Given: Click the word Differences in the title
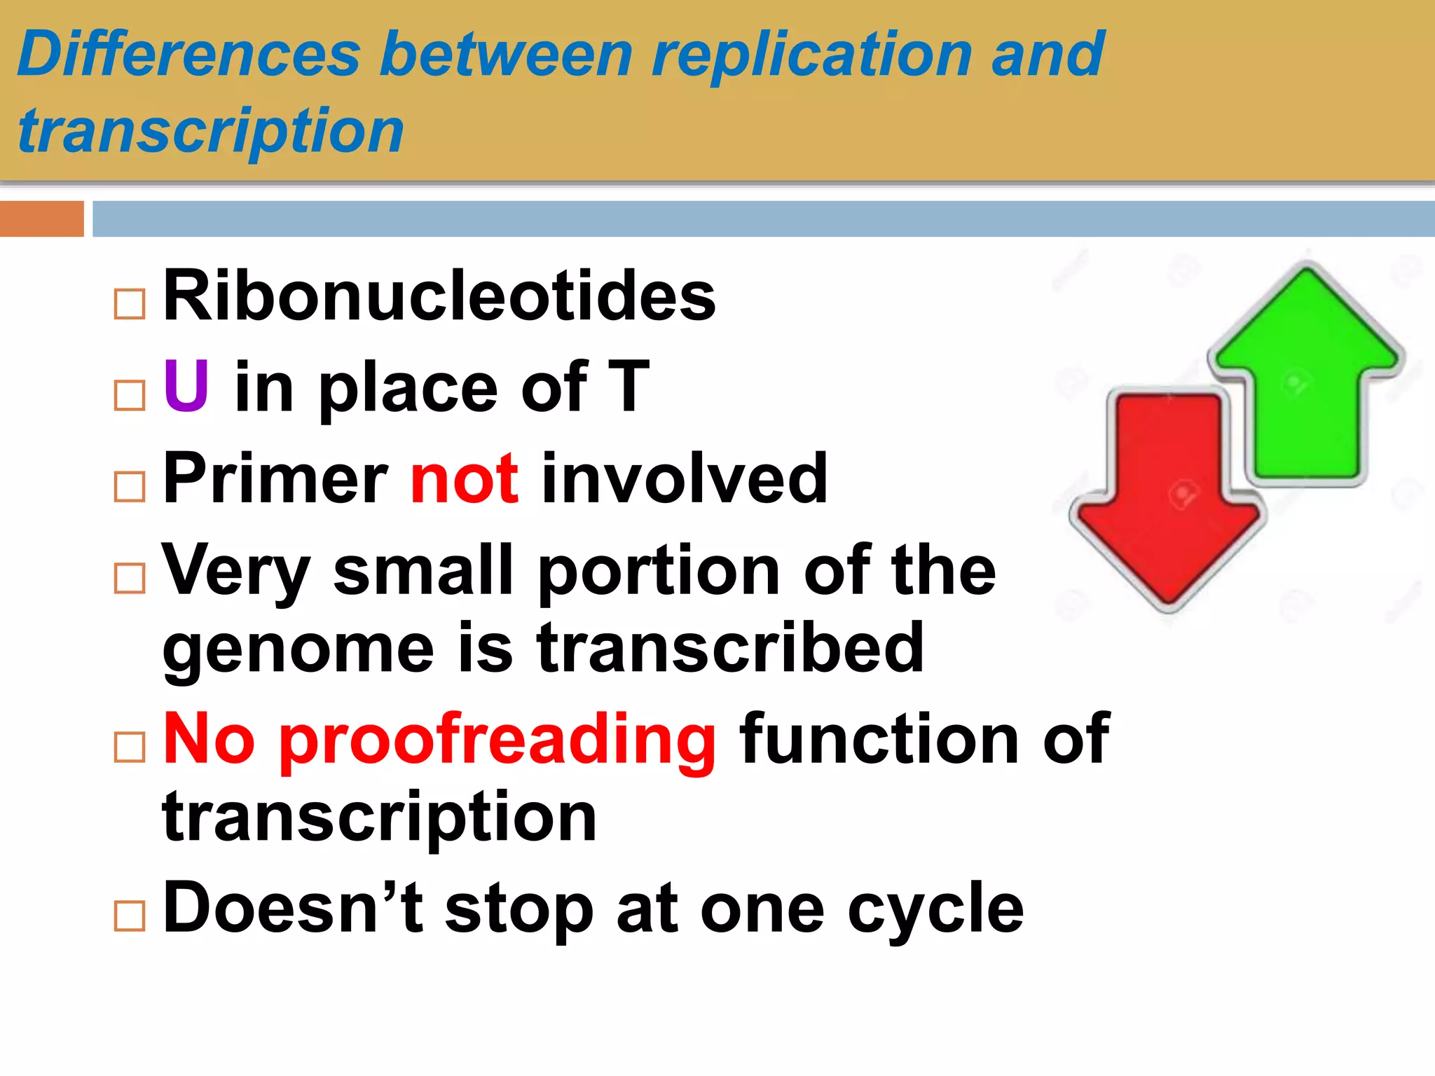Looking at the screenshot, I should pos(189,55).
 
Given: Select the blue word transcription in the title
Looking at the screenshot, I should pos(210,132).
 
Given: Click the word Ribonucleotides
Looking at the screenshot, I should pos(439,297).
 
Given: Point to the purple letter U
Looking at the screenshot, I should pos(186,386).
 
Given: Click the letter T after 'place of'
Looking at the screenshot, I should pos(629,387).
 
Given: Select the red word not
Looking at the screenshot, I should pos(464,479).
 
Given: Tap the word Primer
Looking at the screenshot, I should pos(275,479).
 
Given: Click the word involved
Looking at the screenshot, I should pos(685,479).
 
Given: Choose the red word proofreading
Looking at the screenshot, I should pos(497,740).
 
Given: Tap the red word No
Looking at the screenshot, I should pos(209,740).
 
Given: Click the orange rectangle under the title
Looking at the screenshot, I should pos(41,219).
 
